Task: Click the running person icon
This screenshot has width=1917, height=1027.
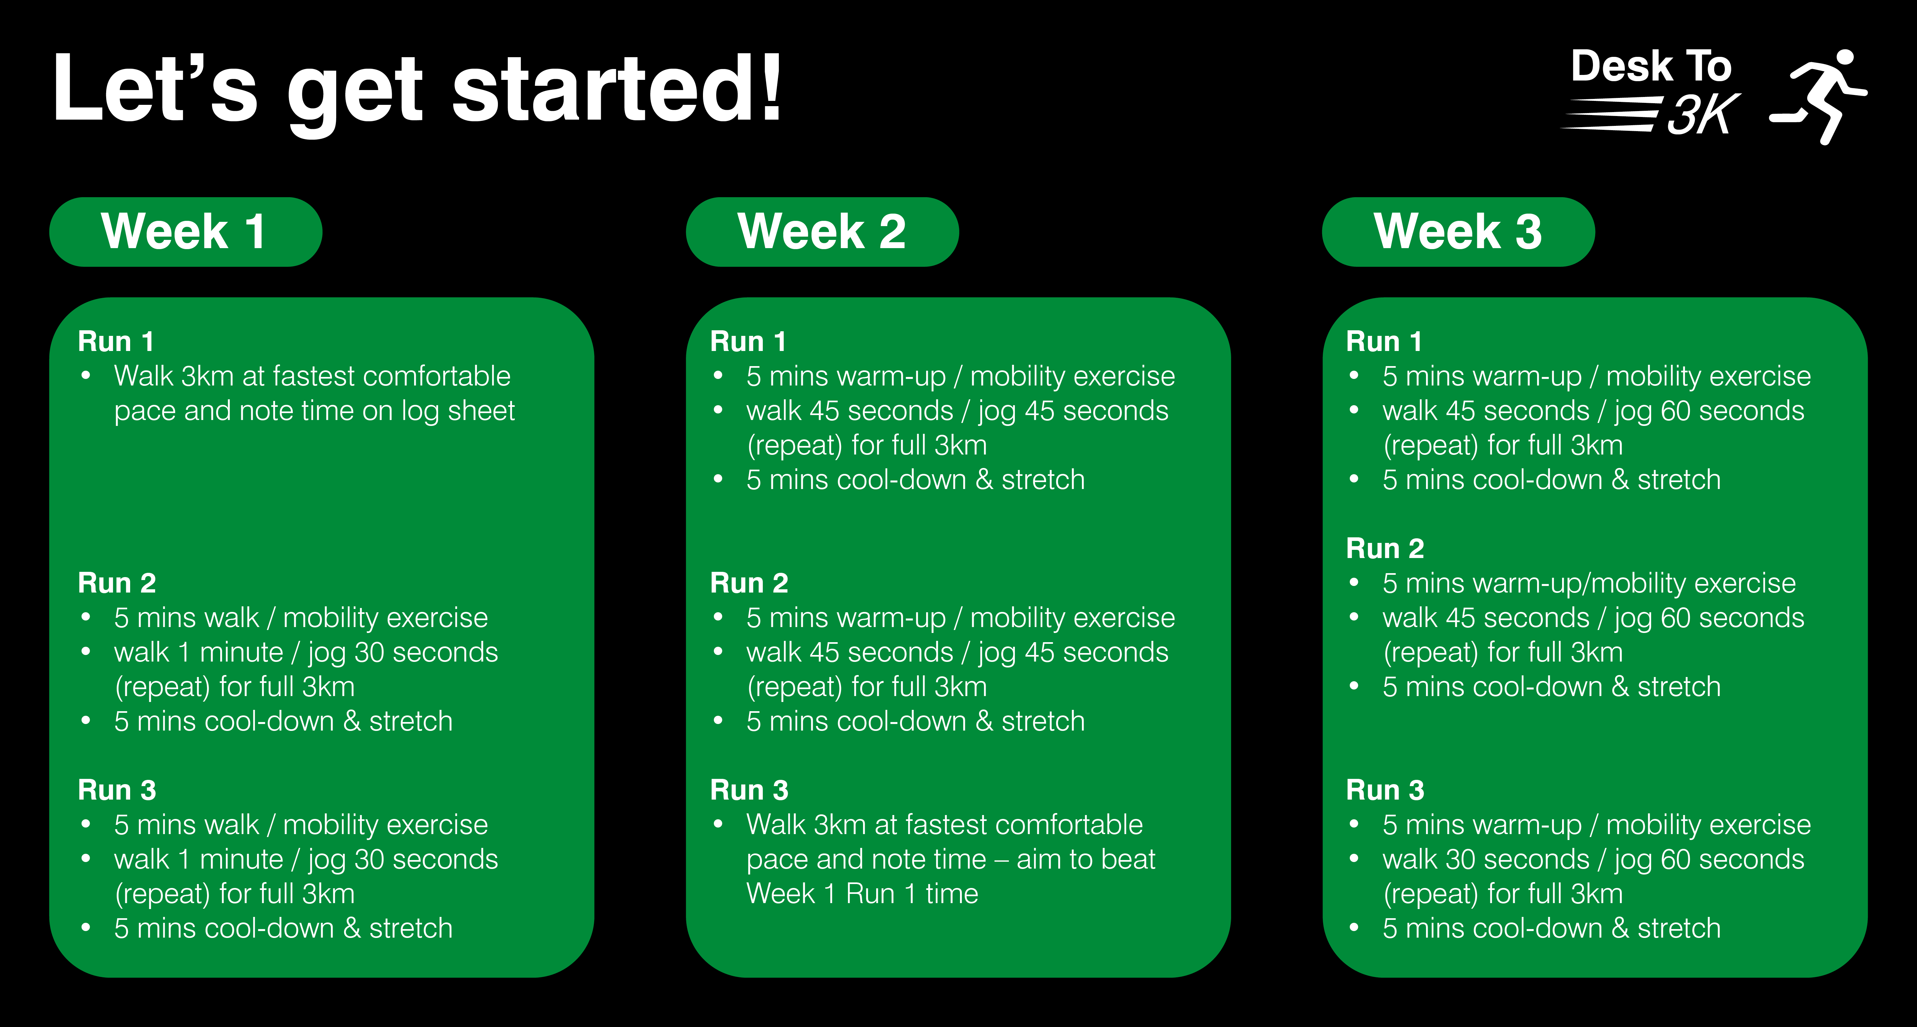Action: point(1818,97)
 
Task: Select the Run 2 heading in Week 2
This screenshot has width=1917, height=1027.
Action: point(749,583)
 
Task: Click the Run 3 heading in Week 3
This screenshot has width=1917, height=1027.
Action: point(1385,790)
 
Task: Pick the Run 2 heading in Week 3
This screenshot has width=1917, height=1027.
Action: point(1385,549)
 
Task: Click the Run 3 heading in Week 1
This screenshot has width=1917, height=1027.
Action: point(117,790)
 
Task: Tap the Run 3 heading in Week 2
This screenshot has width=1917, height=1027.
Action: point(749,790)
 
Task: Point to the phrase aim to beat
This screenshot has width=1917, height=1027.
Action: point(1086,859)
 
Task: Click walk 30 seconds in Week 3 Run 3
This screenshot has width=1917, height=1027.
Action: point(1485,859)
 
